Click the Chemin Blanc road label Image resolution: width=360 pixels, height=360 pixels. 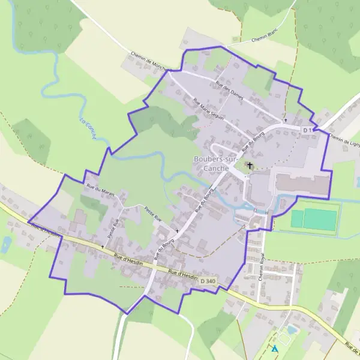point(263,38)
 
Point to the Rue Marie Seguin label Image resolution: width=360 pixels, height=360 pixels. point(208,109)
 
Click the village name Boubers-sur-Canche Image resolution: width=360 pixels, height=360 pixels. point(211,163)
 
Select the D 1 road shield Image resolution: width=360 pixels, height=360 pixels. point(308,130)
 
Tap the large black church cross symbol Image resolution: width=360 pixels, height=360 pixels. point(250,165)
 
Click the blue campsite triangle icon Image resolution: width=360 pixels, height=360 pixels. point(274,348)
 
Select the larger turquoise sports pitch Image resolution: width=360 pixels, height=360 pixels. point(320,219)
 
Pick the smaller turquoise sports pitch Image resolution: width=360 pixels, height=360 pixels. point(296,219)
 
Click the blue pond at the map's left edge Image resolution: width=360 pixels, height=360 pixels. point(6,244)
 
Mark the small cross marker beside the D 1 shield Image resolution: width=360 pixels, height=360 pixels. point(286,121)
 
